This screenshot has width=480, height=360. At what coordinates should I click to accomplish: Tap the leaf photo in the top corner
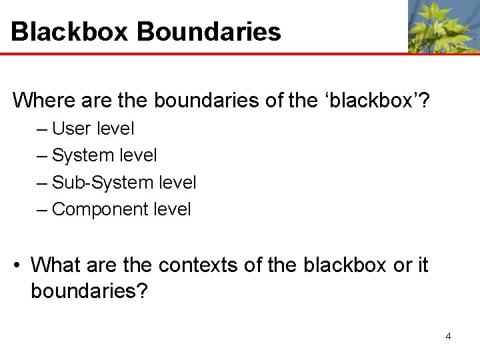coord(443,26)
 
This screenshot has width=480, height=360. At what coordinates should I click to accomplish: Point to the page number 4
coord(448,336)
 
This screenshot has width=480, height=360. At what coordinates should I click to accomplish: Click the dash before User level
coord(42,129)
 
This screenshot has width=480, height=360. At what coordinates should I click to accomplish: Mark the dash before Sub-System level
coord(42,183)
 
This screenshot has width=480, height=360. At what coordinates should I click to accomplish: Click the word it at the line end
coord(422,265)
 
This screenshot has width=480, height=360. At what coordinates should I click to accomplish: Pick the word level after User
coord(115,128)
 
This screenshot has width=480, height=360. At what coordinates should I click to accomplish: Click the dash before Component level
coord(42,210)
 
